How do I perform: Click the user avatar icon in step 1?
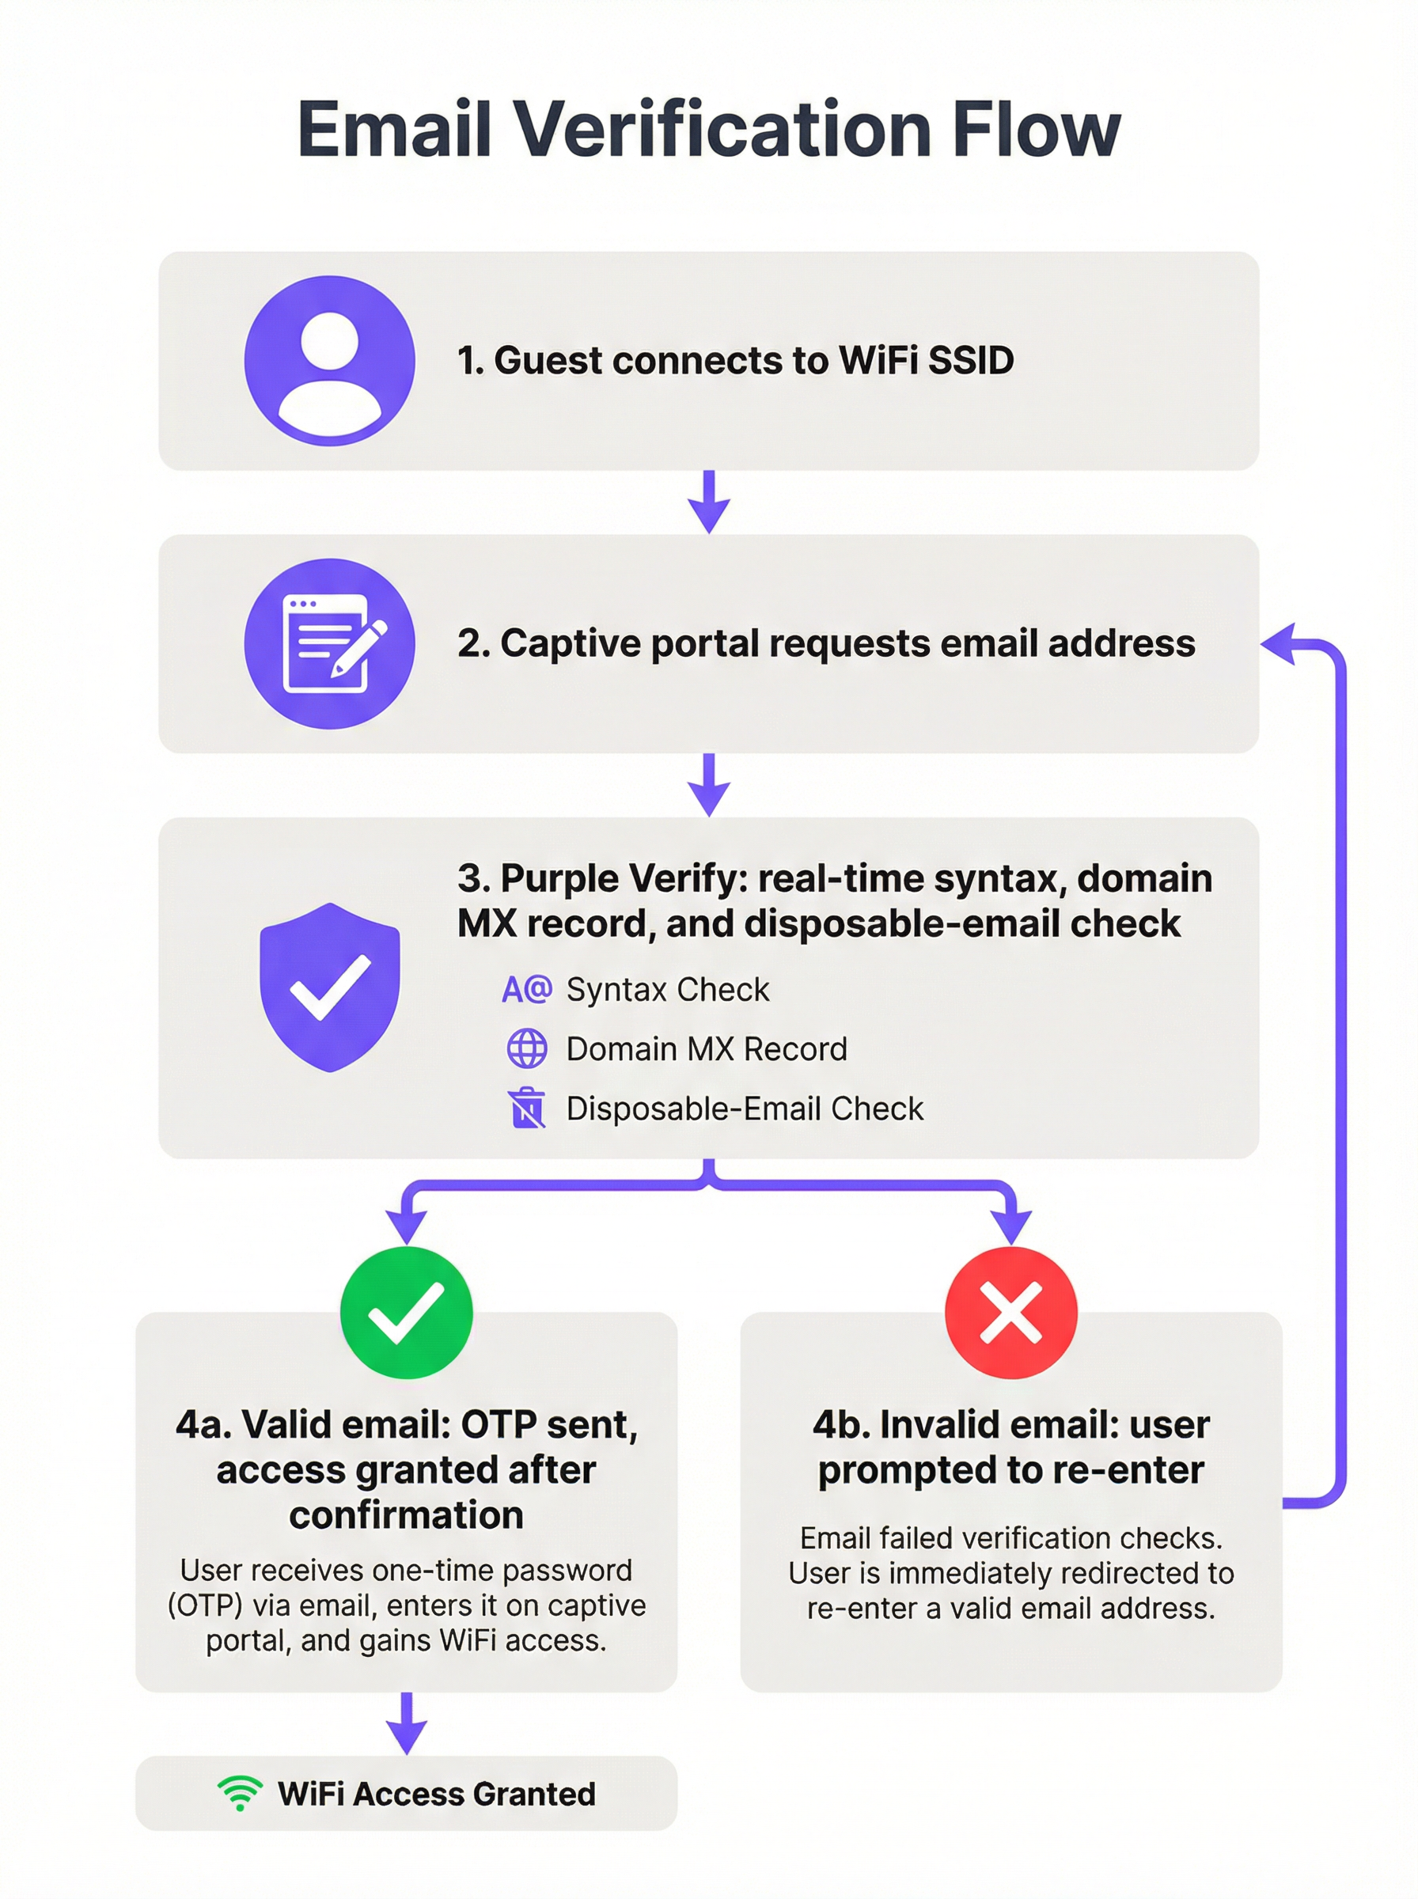(x=330, y=360)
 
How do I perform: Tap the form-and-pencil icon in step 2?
(x=330, y=643)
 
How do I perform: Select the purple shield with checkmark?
(x=330, y=987)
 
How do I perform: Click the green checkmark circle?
(x=406, y=1312)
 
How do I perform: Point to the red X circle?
(x=1010, y=1312)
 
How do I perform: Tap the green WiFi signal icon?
(x=240, y=1793)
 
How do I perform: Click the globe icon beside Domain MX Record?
(x=527, y=1048)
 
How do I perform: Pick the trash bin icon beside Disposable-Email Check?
(x=527, y=1108)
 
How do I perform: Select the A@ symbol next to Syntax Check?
(x=527, y=989)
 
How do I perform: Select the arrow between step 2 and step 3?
(x=709, y=785)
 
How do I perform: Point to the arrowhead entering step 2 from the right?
(x=1279, y=643)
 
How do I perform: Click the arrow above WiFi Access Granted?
(x=407, y=1723)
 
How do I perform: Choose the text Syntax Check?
(x=667, y=989)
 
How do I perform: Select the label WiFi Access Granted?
(x=436, y=1794)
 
